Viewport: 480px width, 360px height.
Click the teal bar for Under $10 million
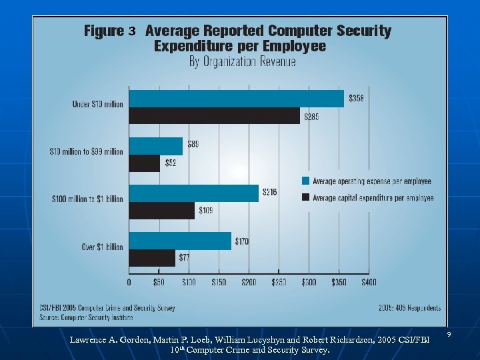237,99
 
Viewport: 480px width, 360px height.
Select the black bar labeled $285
214,116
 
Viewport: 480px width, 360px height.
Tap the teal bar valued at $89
155,146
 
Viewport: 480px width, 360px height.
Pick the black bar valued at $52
145,163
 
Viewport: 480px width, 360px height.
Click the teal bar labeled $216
193,193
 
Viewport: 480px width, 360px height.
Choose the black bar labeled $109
161,211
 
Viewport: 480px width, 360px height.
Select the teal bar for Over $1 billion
180,241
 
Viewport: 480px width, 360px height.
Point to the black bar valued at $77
152,258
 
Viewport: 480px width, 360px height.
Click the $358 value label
357,98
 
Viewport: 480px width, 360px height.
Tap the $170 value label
241,241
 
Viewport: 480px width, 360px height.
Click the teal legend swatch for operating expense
305,181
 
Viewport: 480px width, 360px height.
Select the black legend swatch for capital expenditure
305,197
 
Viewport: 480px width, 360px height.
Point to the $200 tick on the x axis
248,283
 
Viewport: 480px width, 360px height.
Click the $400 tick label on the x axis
369,283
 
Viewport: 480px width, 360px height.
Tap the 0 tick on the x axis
129,283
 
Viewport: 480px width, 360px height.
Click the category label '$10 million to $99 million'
86,152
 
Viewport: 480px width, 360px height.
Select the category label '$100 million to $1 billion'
87,199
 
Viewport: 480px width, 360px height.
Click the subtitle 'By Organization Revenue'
242,62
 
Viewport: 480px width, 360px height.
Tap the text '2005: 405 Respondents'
409,308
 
